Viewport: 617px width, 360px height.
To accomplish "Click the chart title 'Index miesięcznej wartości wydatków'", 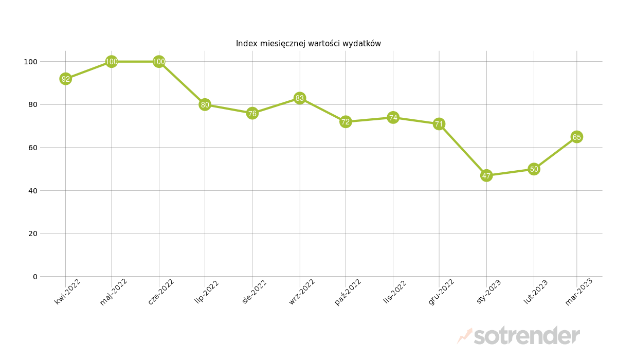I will (x=308, y=44).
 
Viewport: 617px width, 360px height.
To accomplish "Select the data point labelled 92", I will (x=65, y=79).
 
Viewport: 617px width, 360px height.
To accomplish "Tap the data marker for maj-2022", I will (x=112, y=62).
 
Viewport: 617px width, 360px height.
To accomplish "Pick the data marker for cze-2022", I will (x=159, y=62).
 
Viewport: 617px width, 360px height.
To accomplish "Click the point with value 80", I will (x=205, y=104).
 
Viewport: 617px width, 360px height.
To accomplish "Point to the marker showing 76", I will (x=252, y=113).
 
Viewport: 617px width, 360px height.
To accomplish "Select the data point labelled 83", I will (x=300, y=98).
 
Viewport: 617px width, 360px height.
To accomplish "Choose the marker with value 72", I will (x=346, y=122).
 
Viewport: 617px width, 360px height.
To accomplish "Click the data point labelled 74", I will (x=393, y=117).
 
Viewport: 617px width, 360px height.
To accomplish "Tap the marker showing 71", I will (x=439, y=124).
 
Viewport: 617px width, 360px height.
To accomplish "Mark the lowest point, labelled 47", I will (x=486, y=175).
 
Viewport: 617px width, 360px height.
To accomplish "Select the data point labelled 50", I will (x=534, y=169).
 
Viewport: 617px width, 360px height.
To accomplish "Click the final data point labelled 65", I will (x=577, y=137).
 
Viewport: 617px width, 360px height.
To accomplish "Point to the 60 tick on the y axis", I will (x=32, y=148).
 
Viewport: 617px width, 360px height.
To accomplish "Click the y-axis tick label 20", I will (x=32, y=233).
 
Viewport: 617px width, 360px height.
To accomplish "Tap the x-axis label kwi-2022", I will (x=67, y=292).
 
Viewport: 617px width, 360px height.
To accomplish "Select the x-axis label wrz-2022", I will (x=302, y=292).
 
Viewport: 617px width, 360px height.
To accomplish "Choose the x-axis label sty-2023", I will (x=488, y=292).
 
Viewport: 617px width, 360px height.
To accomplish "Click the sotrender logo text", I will (x=527, y=336).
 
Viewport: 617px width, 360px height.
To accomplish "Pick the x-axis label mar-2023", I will (x=579, y=292).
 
